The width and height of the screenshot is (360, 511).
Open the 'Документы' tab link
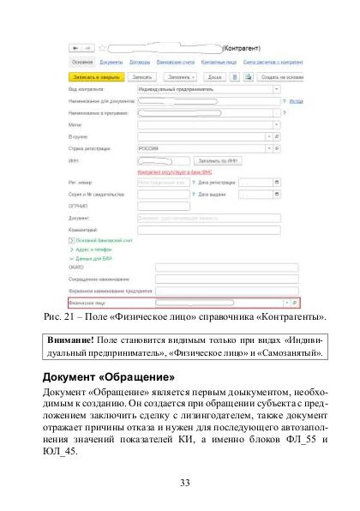[111, 62]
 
